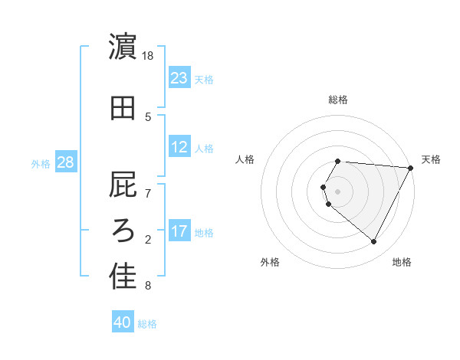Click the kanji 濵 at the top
123,48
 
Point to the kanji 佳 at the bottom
123,277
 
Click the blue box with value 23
179,78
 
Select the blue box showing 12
179,148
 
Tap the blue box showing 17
179,232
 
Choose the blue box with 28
65,162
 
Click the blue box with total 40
123,323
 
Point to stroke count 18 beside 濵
149,56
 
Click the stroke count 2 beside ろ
148,240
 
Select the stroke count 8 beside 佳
148,286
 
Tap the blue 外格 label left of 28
41,163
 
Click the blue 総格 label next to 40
147,324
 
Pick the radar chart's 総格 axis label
338,100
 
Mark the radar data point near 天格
411,169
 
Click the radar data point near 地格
374,242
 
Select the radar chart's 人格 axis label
245,159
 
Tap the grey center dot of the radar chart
338,191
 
